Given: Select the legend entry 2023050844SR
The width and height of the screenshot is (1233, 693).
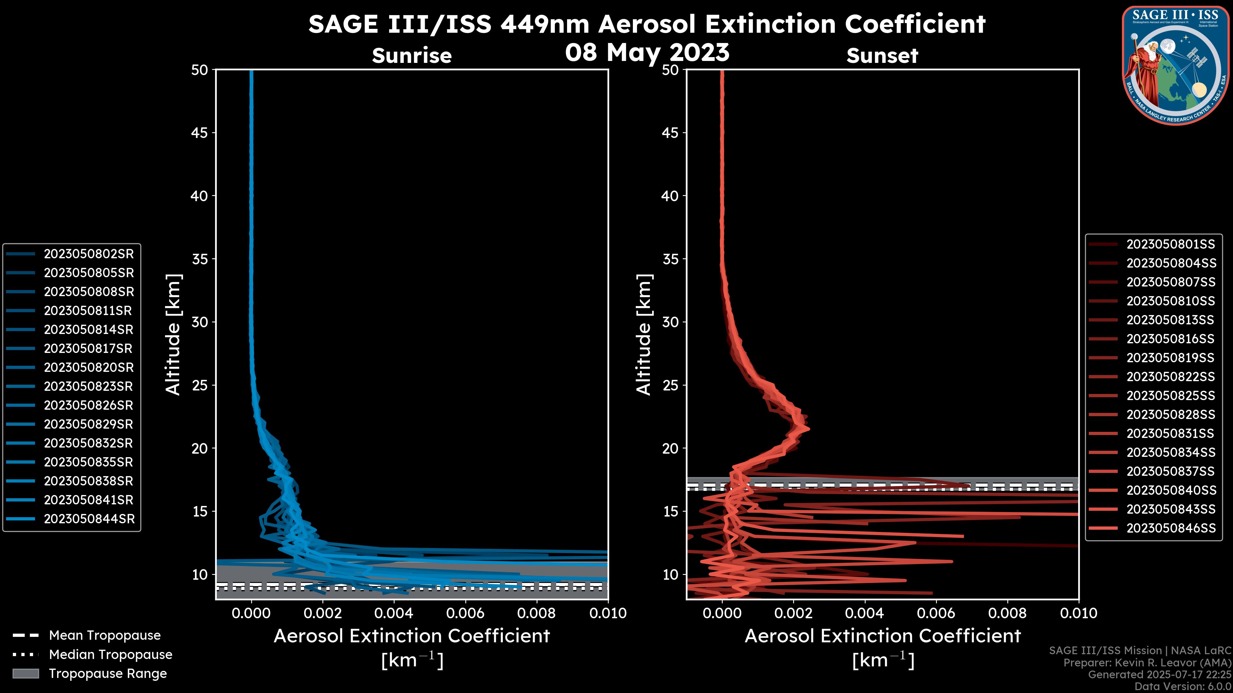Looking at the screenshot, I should [x=89, y=519].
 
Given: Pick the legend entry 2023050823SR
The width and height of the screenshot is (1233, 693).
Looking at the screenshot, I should [x=89, y=386].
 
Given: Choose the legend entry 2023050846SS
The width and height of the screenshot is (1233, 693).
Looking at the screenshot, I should [x=1171, y=528].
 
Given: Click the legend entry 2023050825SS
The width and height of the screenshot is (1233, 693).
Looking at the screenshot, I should [x=1171, y=396].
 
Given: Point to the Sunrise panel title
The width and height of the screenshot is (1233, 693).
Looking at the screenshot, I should [x=412, y=56].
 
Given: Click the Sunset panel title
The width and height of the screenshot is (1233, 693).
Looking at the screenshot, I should [x=882, y=56].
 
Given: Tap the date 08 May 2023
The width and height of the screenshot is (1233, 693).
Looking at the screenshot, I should [x=647, y=52].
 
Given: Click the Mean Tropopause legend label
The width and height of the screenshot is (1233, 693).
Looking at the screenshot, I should [x=105, y=636].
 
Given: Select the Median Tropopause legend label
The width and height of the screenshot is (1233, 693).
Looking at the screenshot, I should [x=110, y=654].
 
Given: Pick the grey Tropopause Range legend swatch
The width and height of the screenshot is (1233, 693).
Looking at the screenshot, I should [x=25, y=673].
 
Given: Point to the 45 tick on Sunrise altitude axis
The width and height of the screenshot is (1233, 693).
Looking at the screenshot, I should [x=200, y=133].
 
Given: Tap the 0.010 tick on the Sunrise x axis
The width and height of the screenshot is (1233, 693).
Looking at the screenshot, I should [x=608, y=613].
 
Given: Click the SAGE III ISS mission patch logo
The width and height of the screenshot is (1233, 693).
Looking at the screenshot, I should [x=1175, y=64].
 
